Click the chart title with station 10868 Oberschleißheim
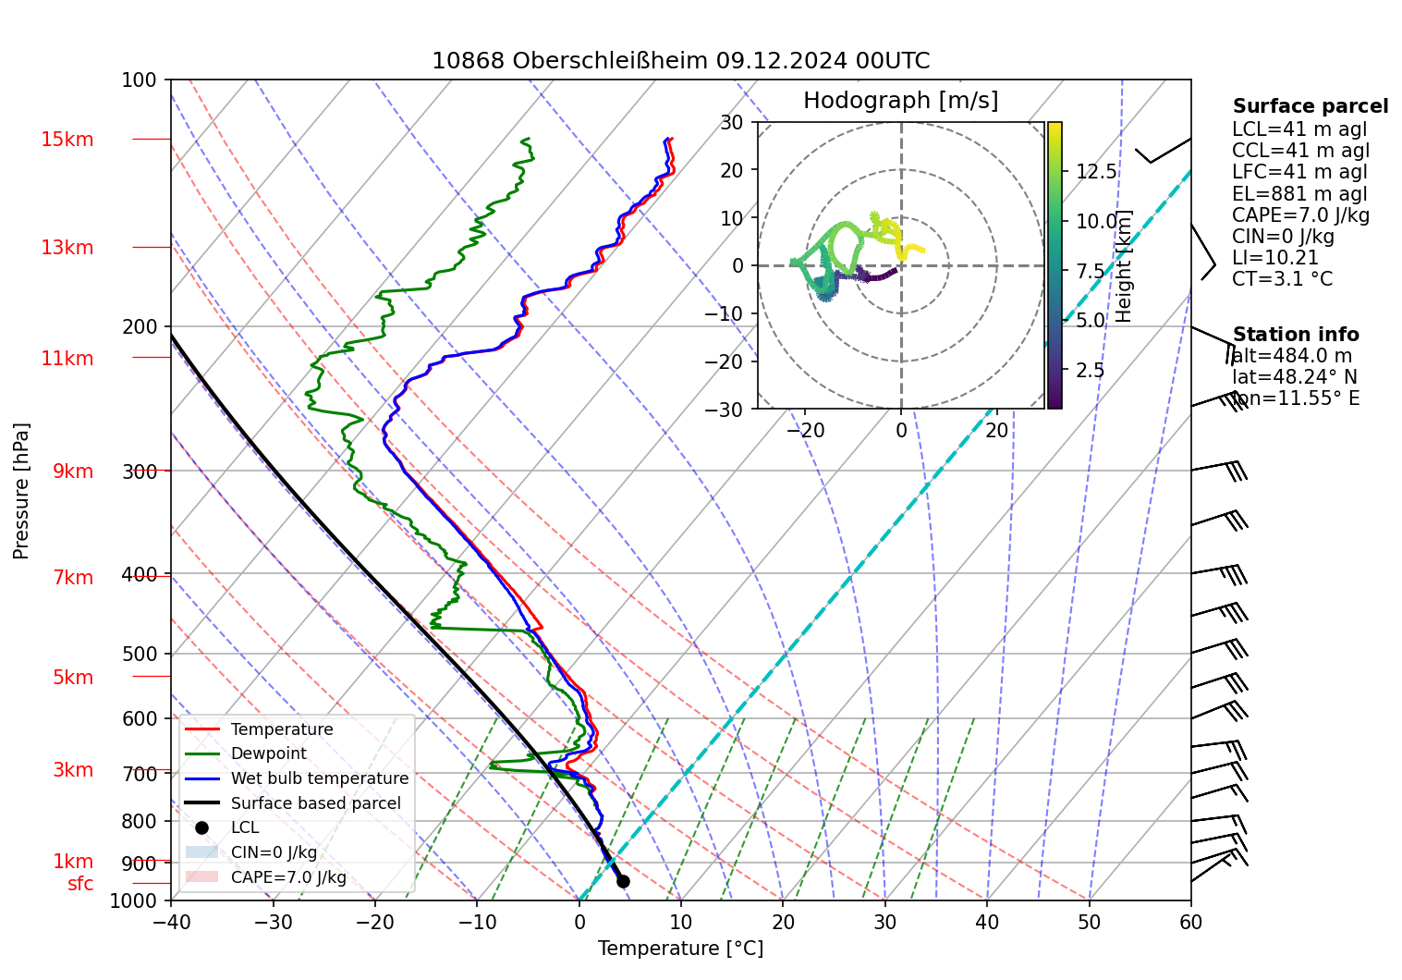[680, 61]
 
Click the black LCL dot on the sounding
[623, 881]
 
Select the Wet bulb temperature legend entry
[319, 778]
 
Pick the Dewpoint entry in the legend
[268, 753]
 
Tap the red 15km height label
[67, 140]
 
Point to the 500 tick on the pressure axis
[140, 654]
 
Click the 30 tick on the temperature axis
[884, 922]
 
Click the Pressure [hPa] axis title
[21, 491]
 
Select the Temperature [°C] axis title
[680, 949]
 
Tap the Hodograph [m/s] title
[900, 101]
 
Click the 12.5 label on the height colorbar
[1096, 172]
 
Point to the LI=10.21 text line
[1274, 258]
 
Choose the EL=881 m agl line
[1298, 194]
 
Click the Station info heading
[1295, 335]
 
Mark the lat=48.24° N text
[1294, 377]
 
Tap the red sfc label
[80, 884]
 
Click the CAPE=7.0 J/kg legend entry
[288, 877]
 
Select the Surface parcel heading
[1310, 106]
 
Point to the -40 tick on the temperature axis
[171, 922]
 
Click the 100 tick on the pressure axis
[140, 80]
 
